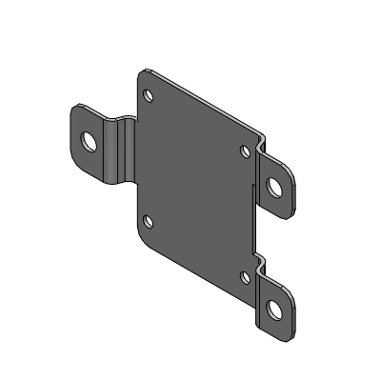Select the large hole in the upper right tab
275,186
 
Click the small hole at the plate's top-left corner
148,95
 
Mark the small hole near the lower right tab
245,276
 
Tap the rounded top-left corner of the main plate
142,73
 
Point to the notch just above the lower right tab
260,258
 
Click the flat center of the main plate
195,181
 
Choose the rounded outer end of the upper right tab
291,195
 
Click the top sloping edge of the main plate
205,99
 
